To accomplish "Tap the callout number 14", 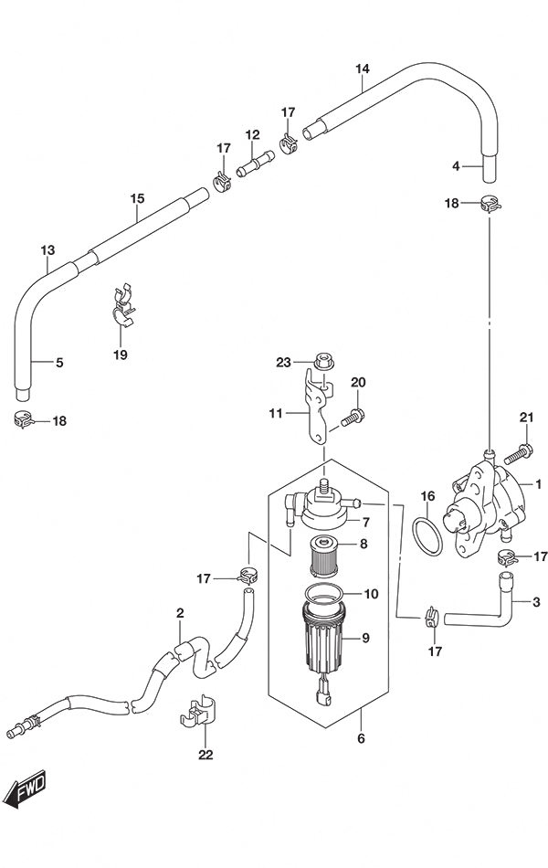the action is pyautogui.click(x=362, y=69).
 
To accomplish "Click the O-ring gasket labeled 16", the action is pyautogui.click(x=428, y=536).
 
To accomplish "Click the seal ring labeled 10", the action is pyautogui.click(x=325, y=591).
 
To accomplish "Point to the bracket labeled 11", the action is pyautogui.click(x=320, y=407).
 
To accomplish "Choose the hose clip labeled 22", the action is pyautogui.click(x=198, y=709).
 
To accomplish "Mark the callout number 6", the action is pyautogui.click(x=361, y=738).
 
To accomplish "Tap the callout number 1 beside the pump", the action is pyautogui.click(x=538, y=484).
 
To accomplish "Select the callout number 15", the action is pyautogui.click(x=137, y=197).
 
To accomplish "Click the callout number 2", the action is pyautogui.click(x=180, y=613).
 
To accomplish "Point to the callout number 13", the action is pyautogui.click(x=48, y=249).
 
